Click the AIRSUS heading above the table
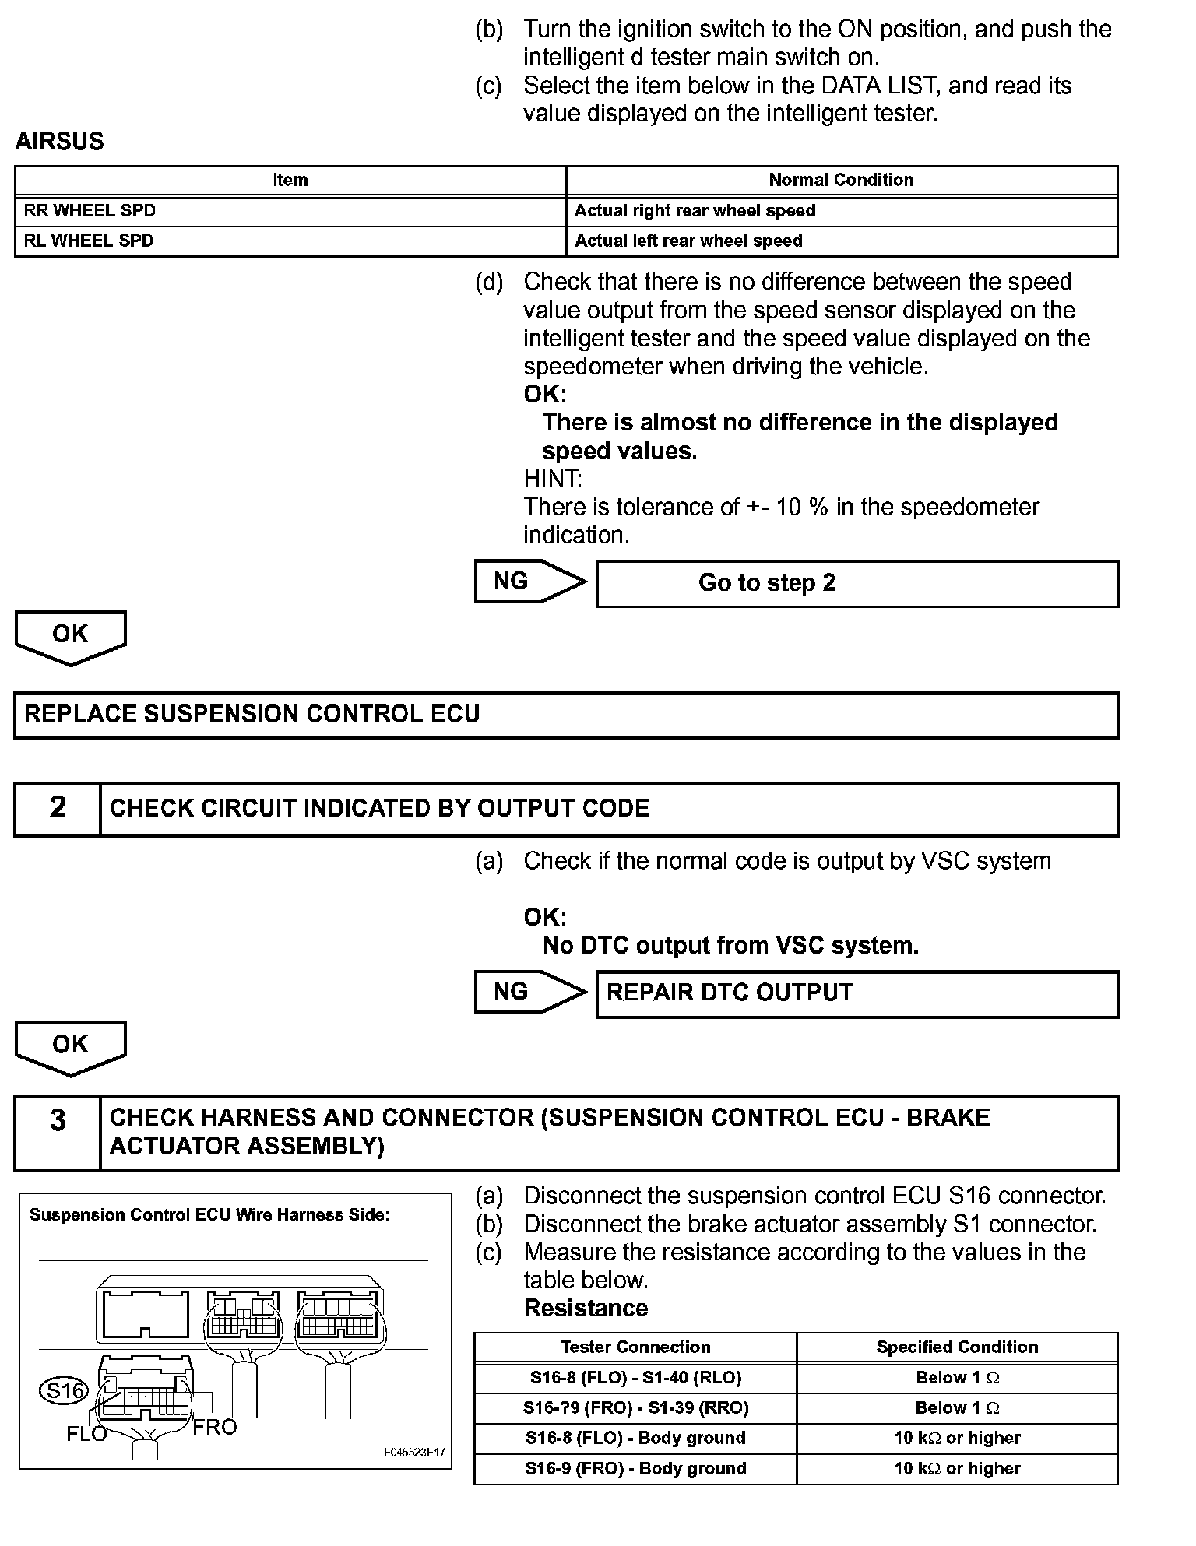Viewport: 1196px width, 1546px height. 59,142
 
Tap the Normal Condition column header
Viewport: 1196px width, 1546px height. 841,180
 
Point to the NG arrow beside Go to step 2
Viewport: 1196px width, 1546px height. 529,582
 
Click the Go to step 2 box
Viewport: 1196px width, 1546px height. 857,583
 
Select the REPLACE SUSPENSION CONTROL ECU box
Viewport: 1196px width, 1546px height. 566,715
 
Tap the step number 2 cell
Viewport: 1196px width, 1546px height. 58,808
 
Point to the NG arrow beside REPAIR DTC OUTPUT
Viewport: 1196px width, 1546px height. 529,992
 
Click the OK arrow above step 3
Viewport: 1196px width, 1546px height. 70,1047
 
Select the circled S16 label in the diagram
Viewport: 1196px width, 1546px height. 64,1390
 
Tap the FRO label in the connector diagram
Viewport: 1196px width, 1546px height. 214,1427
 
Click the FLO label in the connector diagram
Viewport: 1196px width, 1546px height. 86,1434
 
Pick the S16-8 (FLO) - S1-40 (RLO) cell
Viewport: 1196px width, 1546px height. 635,1377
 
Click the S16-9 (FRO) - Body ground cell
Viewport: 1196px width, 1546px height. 635,1468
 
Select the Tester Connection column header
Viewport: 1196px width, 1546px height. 635,1347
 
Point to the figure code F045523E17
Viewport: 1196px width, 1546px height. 413,1452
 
